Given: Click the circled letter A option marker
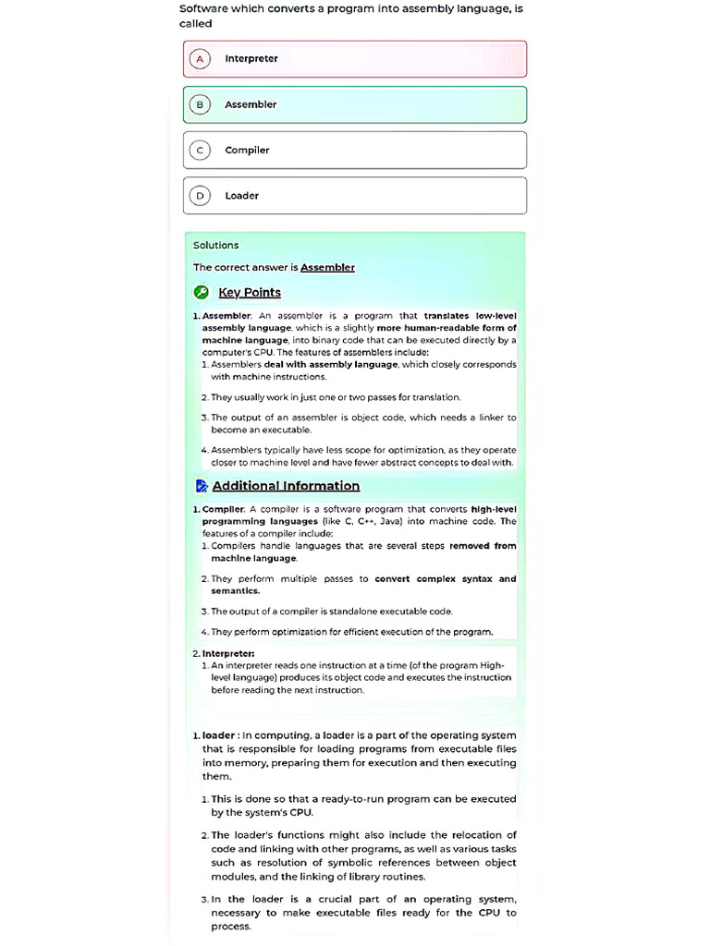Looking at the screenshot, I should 199,59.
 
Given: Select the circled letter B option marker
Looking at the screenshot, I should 199,104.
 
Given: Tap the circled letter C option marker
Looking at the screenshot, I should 199,150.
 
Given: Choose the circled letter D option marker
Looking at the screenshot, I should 199,196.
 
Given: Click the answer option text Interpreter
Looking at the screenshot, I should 251,59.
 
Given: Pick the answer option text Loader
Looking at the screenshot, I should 242,196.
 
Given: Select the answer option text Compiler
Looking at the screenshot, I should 247,150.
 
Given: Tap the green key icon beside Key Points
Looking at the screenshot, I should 201,293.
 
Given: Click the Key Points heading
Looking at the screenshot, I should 250,293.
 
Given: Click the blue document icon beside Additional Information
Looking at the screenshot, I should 202,486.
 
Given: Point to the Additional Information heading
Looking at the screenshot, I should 286,486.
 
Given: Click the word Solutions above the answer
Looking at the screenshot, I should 215,246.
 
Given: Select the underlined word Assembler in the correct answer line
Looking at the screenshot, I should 327,268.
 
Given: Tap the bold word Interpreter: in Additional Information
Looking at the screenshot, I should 228,653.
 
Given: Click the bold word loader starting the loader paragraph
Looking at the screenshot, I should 218,735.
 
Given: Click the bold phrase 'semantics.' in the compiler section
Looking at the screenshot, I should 236,591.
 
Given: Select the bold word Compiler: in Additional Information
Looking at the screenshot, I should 224,509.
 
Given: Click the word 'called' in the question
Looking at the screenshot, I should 195,24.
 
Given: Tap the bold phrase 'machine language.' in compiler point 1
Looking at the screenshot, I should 253,559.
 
